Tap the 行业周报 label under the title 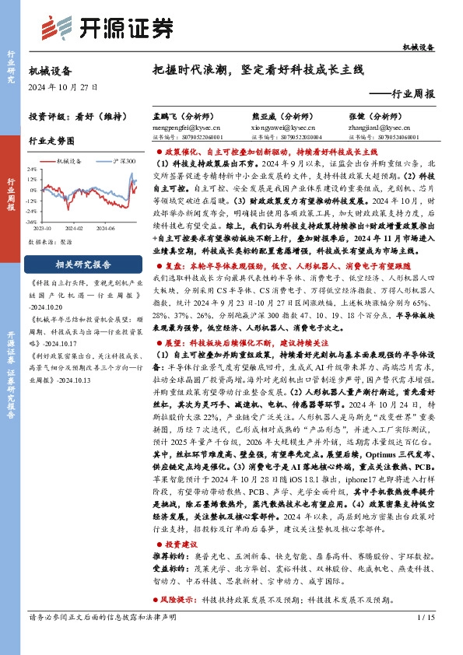pos(410,93)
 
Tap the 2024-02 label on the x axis pos(75,229)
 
